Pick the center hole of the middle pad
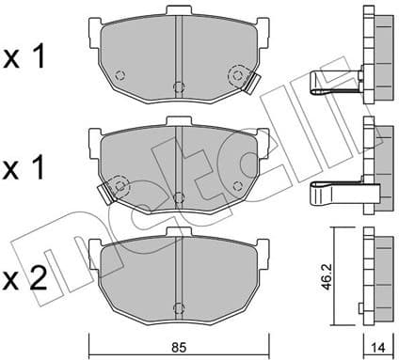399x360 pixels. tap(177, 196)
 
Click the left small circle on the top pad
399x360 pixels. tap(119, 76)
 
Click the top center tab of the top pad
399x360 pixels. tap(177, 12)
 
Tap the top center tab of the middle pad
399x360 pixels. tap(177, 121)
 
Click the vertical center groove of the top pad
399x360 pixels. tap(177, 52)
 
